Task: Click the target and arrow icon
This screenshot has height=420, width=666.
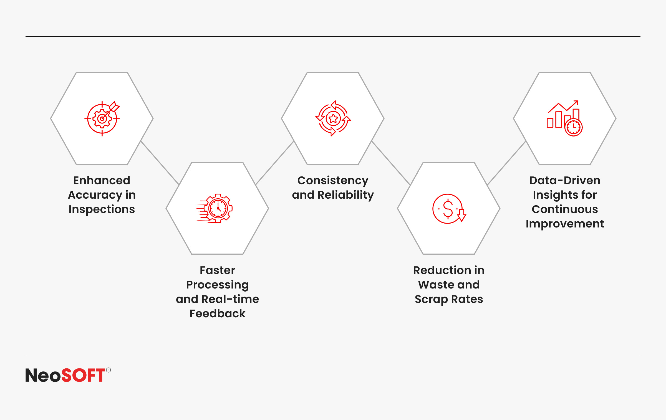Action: pyautogui.click(x=102, y=118)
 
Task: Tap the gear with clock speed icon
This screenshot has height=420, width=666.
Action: pyautogui.click(x=215, y=208)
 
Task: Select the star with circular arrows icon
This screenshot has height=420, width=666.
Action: pyautogui.click(x=333, y=118)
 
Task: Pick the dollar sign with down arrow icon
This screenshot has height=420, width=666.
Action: pyautogui.click(x=449, y=209)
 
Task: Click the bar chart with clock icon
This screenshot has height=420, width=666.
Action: pyautogui.click(x=564, y=118)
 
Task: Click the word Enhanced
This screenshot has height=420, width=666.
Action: pyautogui.click(x=102, y=180)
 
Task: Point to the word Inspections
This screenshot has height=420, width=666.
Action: pyautogui.click(x=102, y=209)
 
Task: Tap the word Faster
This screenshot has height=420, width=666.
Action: pyautogui.click(x=218, y=270)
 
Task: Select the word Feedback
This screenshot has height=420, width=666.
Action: pyautogui.click(x=218, y=314)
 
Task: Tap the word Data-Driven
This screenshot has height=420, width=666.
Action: pyautogui.click(x=565, y=180)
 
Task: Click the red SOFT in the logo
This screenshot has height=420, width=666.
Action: pyautogui.click(x=83, y=375)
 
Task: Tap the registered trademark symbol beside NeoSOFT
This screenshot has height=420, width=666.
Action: pyautogui.click(x=109, y=370)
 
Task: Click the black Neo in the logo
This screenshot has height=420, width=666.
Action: pyautogui.click(x=43, y=375)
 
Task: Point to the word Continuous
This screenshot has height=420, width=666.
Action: pyautogui.click(x=565, y=209)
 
